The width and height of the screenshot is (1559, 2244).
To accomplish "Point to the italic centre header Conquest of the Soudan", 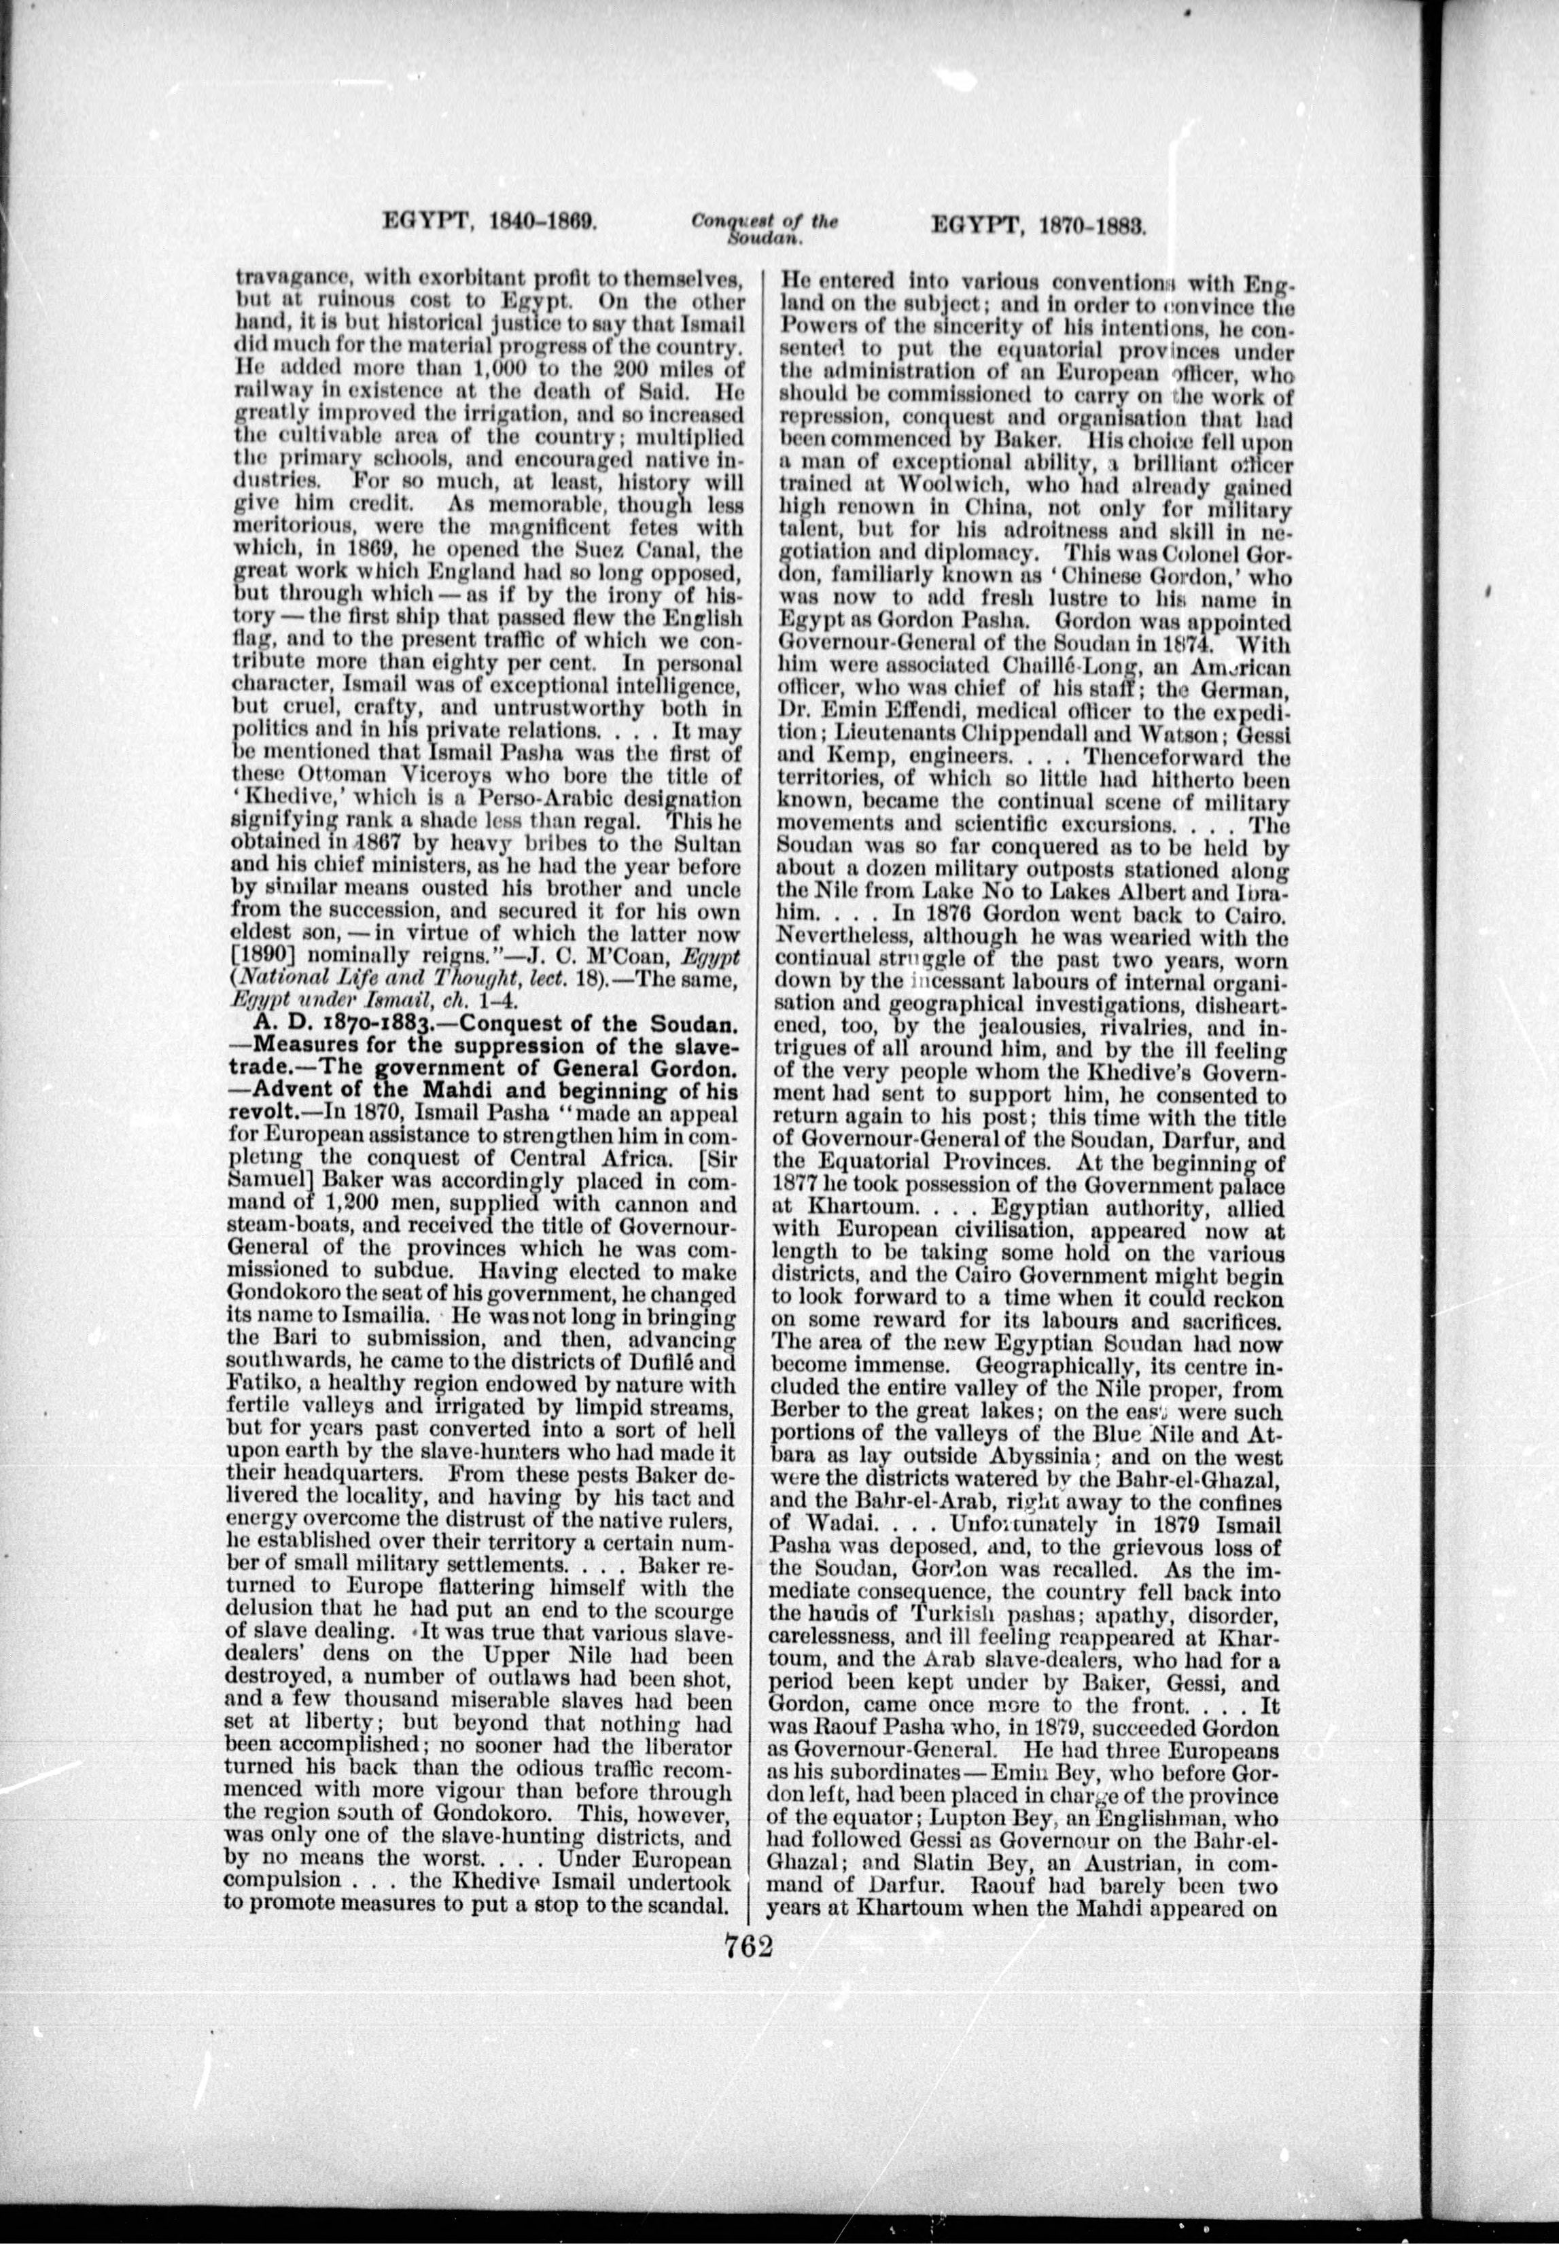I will (x=765, y=228).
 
